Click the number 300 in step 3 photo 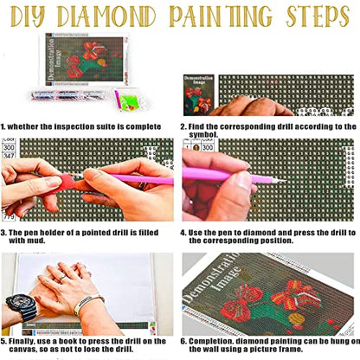pyautogui.click(x=10, y=148)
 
